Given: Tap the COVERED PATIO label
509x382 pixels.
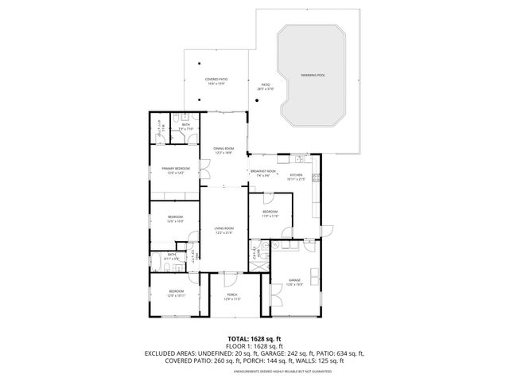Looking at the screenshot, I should (x=216, y=80).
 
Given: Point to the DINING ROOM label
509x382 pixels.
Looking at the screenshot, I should (x=223, y=150).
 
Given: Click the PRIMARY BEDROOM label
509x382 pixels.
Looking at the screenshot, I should (x=175, y=170).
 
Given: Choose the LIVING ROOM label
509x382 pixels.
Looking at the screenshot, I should (x=223, y=230).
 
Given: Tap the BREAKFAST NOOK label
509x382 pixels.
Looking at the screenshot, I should (x=262, y=172).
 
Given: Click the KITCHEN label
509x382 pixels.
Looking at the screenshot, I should (x=296, y=175).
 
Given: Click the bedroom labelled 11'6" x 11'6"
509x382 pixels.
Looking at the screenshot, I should (x=270, y=212).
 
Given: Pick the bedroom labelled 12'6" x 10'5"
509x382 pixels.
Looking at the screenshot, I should (x=175, y=218).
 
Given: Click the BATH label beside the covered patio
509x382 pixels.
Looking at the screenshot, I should (x=185, y=126).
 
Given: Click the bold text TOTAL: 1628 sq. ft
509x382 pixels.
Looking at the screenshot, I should (x=254, y=337).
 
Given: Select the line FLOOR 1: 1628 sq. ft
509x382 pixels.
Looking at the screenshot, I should (x=254, y=345).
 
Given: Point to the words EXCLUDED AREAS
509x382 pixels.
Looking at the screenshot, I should (x=172, y=353).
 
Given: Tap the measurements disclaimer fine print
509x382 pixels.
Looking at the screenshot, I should (x=254, y=370).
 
